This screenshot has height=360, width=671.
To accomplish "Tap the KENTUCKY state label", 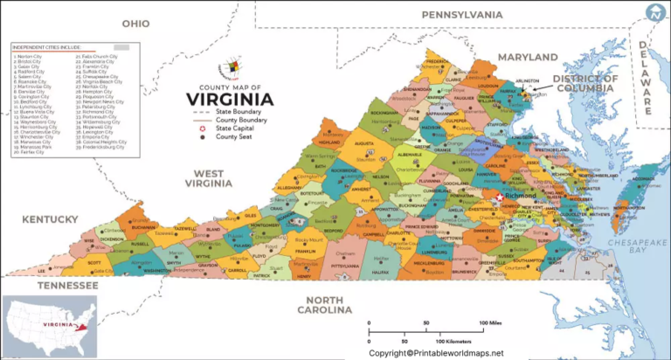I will (x=52, y=218).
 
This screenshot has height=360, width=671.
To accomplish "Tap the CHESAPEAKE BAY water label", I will (x=618, y=246).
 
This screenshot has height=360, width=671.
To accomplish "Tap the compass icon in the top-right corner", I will (x=654, y=12).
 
